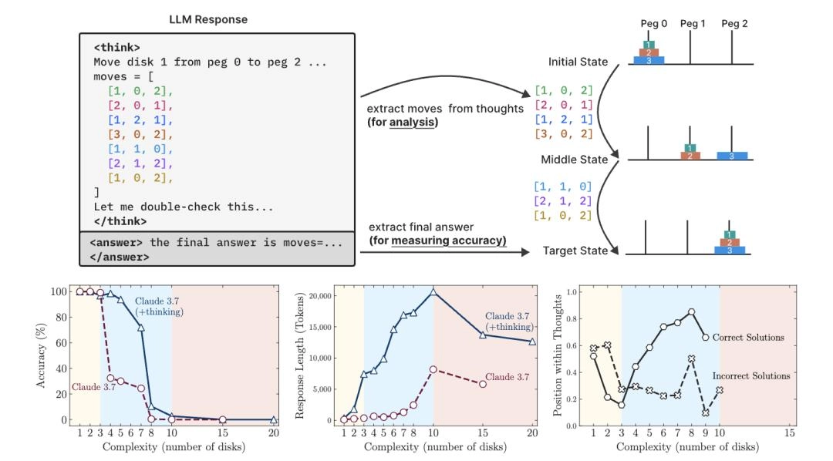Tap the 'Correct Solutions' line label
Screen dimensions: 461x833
click(747, 337)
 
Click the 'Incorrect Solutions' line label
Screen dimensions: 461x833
click(752, 375)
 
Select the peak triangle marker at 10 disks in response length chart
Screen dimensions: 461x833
click(433, 291)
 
